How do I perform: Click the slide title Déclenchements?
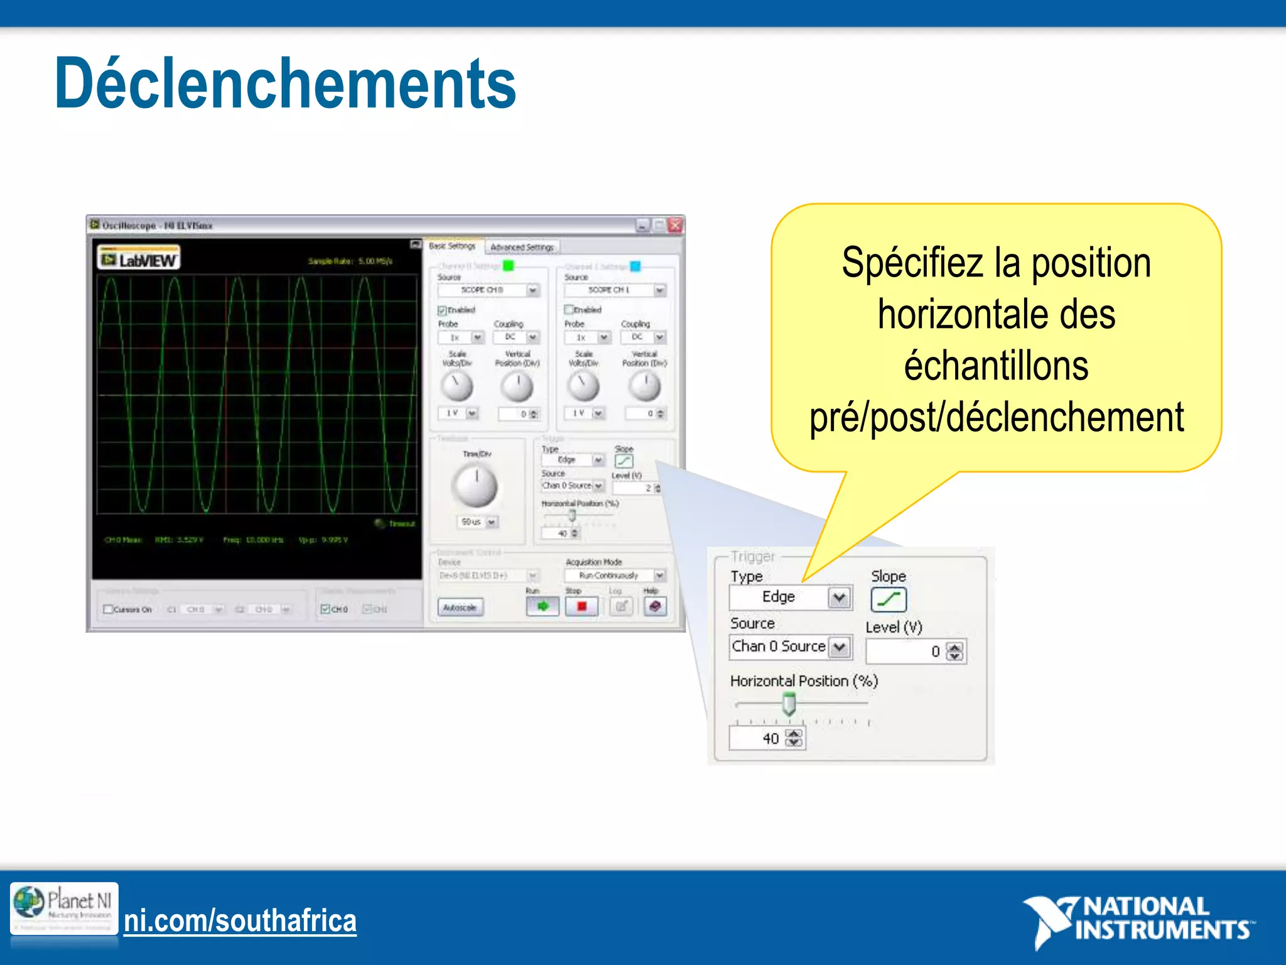[285, 84]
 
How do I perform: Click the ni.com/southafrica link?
[240, 920]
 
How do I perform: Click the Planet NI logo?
[64, 908]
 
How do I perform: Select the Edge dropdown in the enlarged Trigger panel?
[790, 597]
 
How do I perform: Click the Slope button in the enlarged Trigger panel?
[888, 599]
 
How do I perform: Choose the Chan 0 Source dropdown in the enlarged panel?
[790, 646]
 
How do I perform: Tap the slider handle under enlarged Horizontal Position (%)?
[789, 704]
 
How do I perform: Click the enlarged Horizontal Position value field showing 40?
[759, 738]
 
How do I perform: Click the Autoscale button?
[460, 607]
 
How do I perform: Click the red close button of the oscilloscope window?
[675, 225]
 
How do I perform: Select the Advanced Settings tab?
[522, 248]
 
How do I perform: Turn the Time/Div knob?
[475, 486]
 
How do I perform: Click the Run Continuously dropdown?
[613, 575]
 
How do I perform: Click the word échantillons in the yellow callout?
[996, 366]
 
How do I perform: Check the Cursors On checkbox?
[108, 609]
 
